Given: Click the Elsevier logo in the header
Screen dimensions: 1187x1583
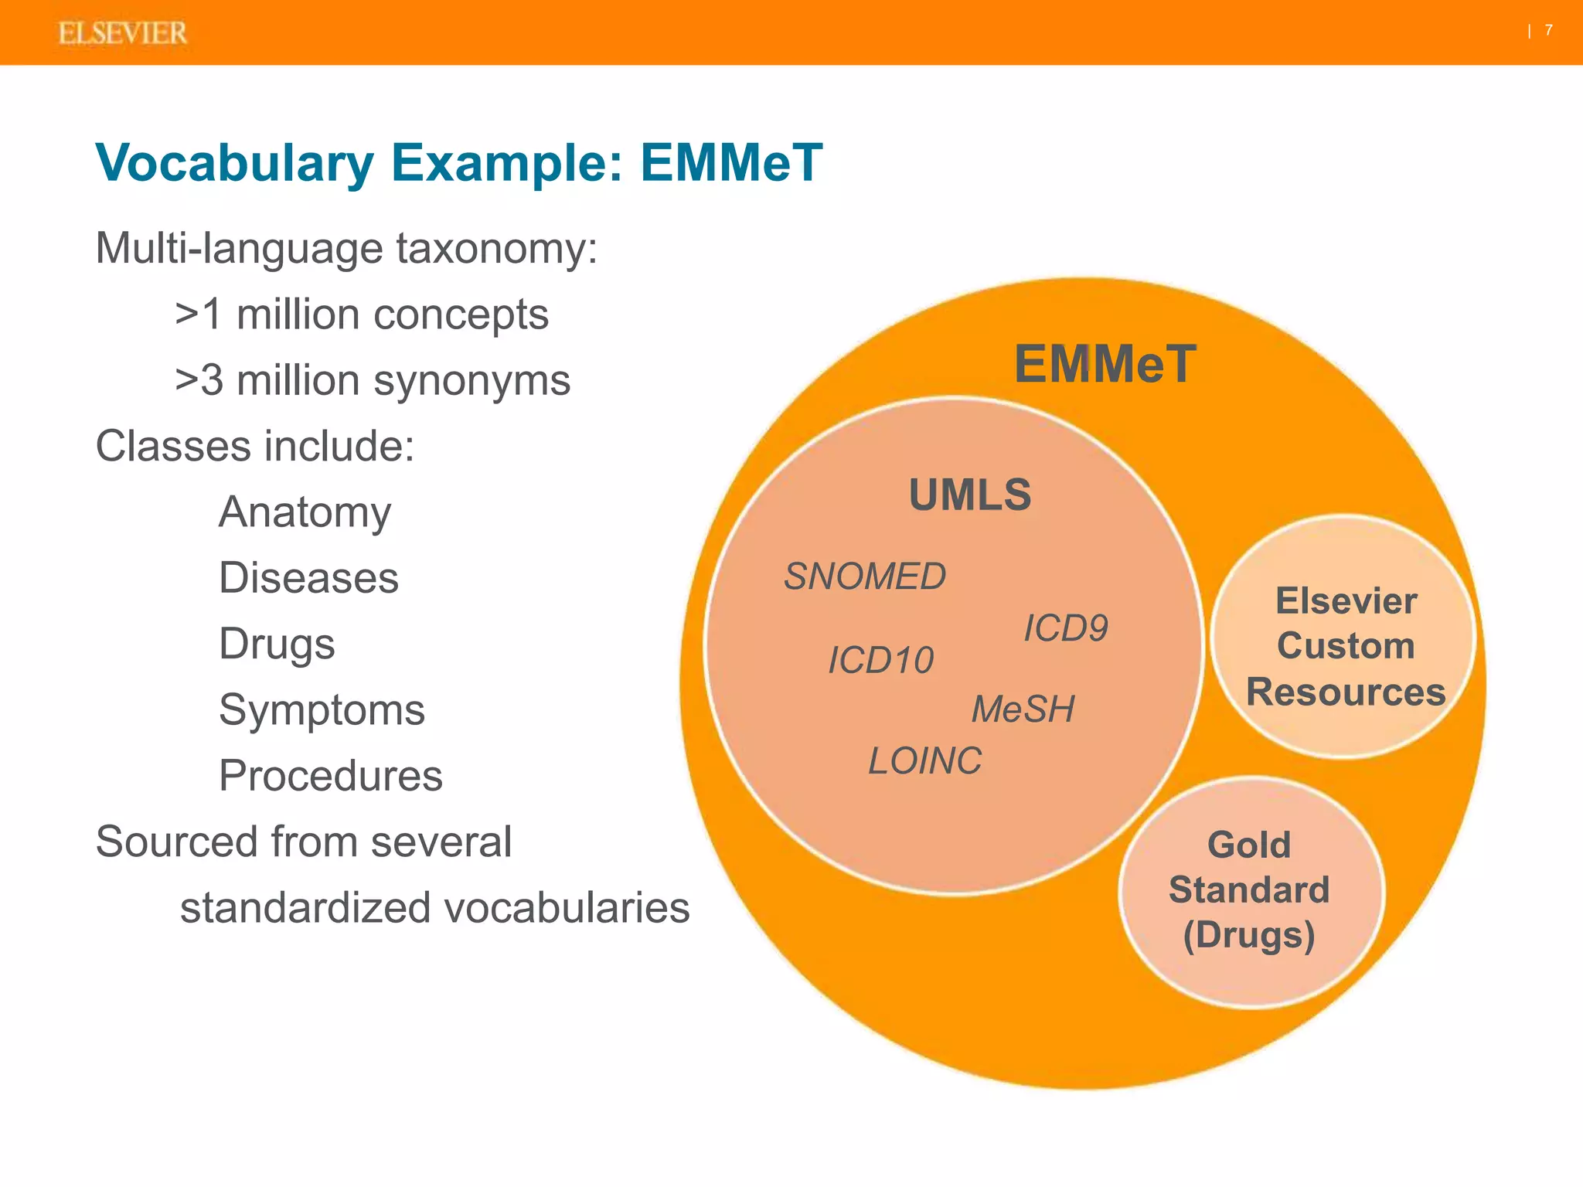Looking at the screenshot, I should tap(122, 33).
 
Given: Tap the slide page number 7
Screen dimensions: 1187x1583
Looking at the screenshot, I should tap(1549, 30).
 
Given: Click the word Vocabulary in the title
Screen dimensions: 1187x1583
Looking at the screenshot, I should tap(234, 163).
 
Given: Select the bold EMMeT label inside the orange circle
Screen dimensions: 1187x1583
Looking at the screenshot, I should tap(1105, 364).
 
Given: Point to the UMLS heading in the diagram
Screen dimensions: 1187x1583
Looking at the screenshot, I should tap(970, 495).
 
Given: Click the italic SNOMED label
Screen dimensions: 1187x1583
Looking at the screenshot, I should tap(864, 576).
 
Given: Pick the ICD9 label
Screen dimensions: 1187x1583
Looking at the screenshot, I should tap(1066, 628).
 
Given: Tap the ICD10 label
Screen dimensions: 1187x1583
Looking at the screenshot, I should tap(880, 661).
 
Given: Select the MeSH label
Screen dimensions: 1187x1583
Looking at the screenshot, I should tap(1023, 709).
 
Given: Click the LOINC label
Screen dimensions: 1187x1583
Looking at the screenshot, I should tap(924, 761).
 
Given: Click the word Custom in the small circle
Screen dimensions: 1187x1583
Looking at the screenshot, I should tap(1346, 646).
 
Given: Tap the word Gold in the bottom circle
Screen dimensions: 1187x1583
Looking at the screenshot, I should tap(1249, 845).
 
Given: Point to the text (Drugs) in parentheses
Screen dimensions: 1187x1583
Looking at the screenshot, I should tap(1249, 935).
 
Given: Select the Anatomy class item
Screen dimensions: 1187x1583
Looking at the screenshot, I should tap(305, 512).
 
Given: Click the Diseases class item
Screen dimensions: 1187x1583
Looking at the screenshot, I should tap(308, 578).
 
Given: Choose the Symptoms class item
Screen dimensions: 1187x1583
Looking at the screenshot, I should tap(322, 710).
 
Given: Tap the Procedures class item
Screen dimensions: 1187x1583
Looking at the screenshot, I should tap(331, 776).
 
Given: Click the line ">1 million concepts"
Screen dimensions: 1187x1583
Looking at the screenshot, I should tap(362, 315).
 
